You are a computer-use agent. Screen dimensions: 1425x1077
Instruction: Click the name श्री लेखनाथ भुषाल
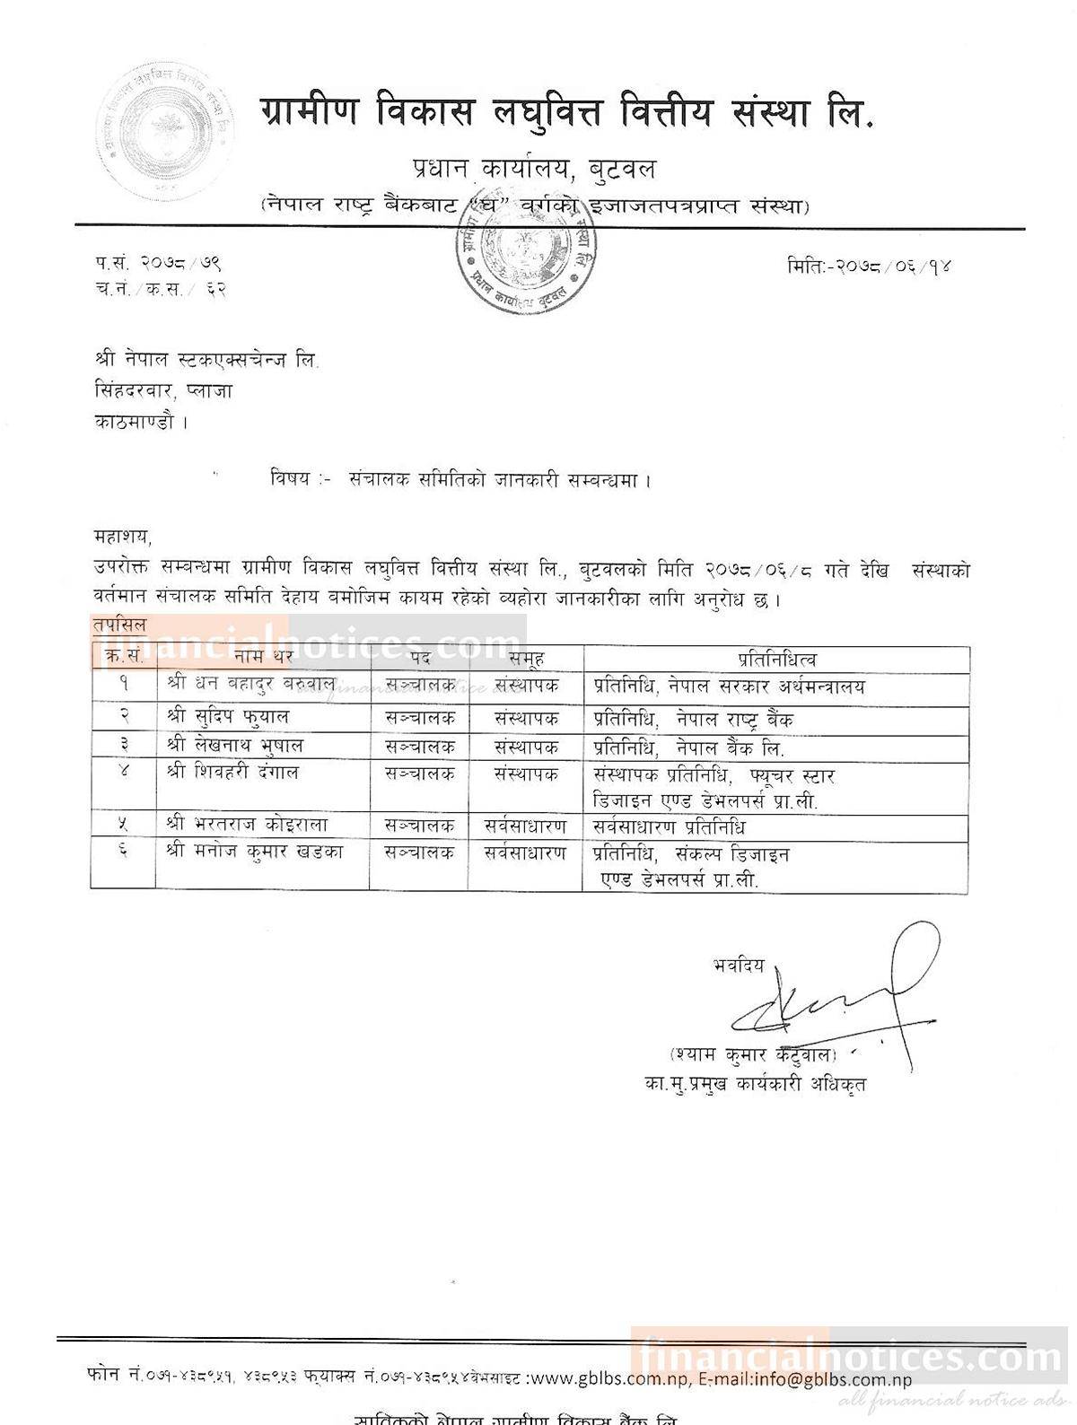click(x=234, y=746)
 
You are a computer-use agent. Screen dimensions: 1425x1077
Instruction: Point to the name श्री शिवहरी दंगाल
click(x=232, y=773)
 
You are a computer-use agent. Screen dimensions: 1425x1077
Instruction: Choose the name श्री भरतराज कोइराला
click(x=247, y=826)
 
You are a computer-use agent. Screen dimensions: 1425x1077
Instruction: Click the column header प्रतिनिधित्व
click(x=776, y=658)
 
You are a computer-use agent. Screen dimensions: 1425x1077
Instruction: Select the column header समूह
click(x=525, y=658)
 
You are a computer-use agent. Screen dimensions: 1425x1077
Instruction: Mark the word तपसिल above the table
click(x=118, y=625)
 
